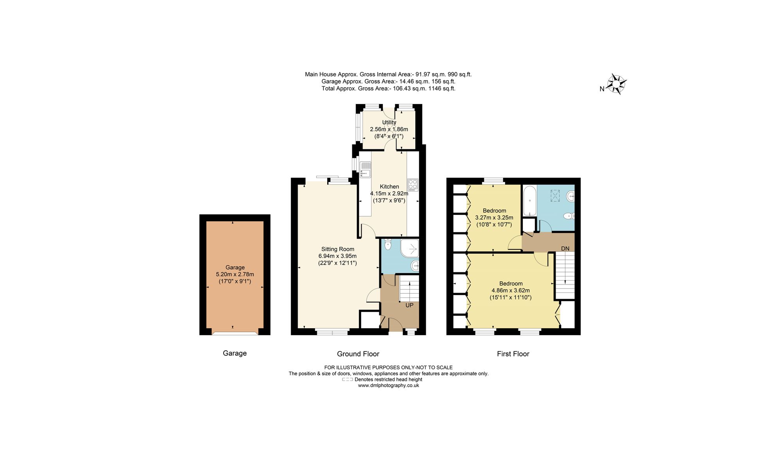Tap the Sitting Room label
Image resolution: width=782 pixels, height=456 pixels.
click(x=337, y=249)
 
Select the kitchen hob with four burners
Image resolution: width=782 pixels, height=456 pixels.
click(x=413, y=185)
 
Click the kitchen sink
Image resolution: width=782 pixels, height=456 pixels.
click(x=365, y=170)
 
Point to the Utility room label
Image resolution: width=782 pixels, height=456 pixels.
click(x=389, y=122)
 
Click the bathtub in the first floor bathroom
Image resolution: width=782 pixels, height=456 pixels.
click(x=529, y=201)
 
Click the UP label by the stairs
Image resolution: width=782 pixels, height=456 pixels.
click(x=409, y=305)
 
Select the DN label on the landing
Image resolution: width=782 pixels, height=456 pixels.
click(x=565, y=249)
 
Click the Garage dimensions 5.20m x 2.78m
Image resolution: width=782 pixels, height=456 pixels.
click(x=235, y=274)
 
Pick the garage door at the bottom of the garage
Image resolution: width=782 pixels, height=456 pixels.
click(x=235, y=333)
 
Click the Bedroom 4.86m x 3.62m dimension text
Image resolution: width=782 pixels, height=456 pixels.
click(x=510, y=290)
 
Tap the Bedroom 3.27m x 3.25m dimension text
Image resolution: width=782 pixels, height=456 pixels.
click(x=494, y=218)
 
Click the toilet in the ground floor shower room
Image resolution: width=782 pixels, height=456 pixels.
click(x=387, y=245)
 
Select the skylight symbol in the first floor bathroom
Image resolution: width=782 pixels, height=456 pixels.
click(x=555, y=195)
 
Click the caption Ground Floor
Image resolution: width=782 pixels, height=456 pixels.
click(x=358, y=354)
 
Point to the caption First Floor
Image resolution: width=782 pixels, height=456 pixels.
click(x=513, y=354)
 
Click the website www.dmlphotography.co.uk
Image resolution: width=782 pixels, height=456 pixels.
click(x=388, y=385)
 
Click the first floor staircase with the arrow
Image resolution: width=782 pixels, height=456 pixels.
click(x=565, y=275)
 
